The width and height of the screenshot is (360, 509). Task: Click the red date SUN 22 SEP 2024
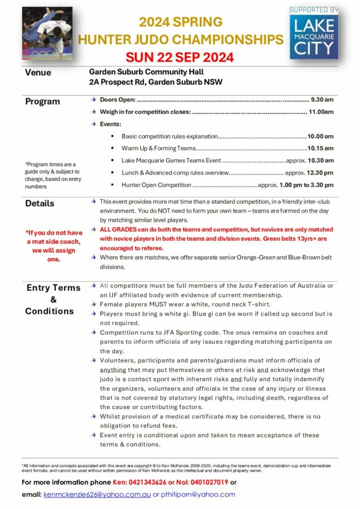pos(179,57)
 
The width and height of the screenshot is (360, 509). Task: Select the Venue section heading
pos(38,72)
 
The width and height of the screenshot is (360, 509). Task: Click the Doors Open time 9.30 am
pos(322,100)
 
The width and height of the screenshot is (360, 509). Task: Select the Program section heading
pos(42,102)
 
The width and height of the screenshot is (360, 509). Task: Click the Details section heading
pos(40,204)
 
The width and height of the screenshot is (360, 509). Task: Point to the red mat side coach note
pos(54,245)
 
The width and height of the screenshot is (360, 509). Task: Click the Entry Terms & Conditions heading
pos(54,299)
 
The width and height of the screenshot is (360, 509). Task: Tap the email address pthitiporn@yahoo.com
pos(198,494)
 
